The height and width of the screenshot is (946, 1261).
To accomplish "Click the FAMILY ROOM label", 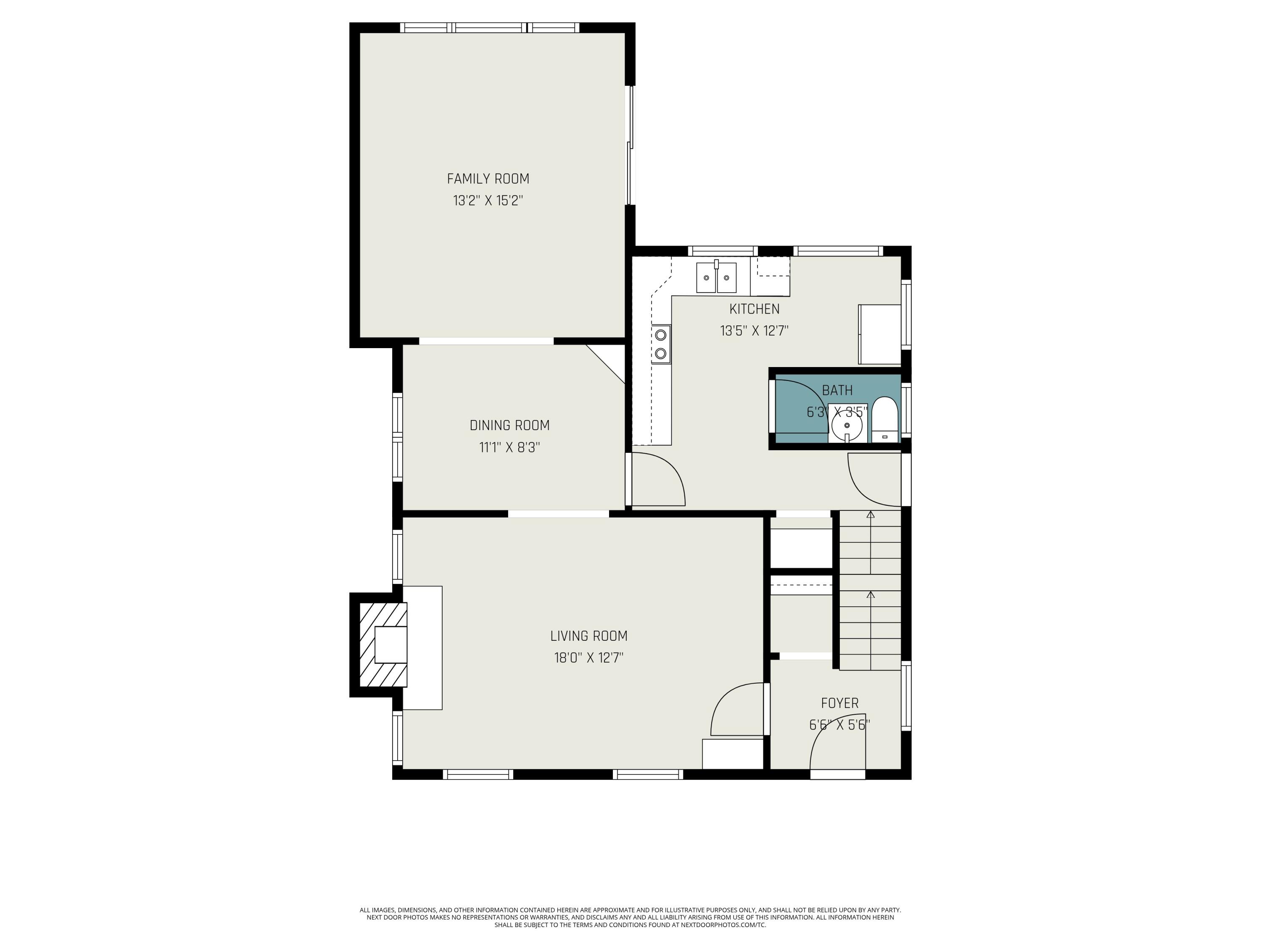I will [488, 179].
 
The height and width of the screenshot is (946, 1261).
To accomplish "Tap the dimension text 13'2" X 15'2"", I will [488, 201].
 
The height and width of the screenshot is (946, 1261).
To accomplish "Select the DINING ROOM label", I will [509, 425].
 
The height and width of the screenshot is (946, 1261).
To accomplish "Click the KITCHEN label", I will [754, 309].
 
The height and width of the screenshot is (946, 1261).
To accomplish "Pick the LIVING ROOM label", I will [588, 636].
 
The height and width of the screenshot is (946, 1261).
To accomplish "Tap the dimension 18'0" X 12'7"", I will [588, 658].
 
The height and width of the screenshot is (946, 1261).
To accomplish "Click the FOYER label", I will [839, 703].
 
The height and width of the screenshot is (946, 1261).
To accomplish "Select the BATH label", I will [837, 391].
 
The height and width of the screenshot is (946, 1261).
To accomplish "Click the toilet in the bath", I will [885, 421].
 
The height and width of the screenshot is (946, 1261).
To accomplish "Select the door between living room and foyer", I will [736, 711].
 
